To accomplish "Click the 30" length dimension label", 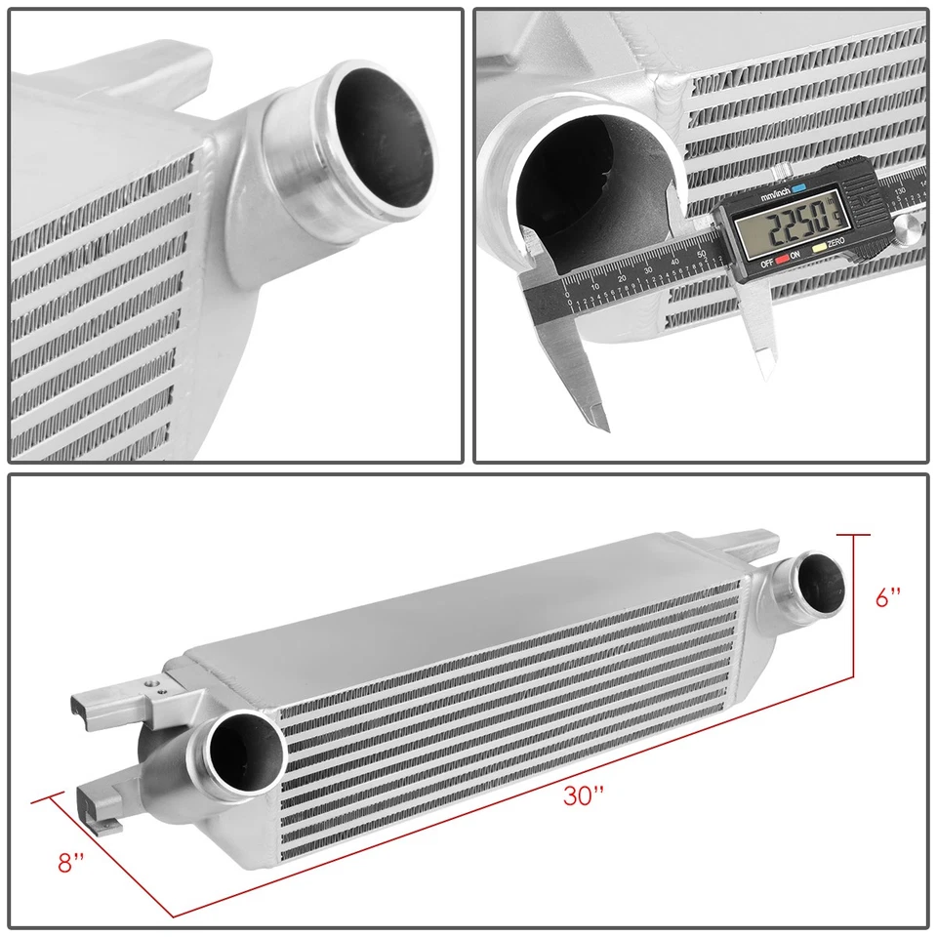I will point(585,795).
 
